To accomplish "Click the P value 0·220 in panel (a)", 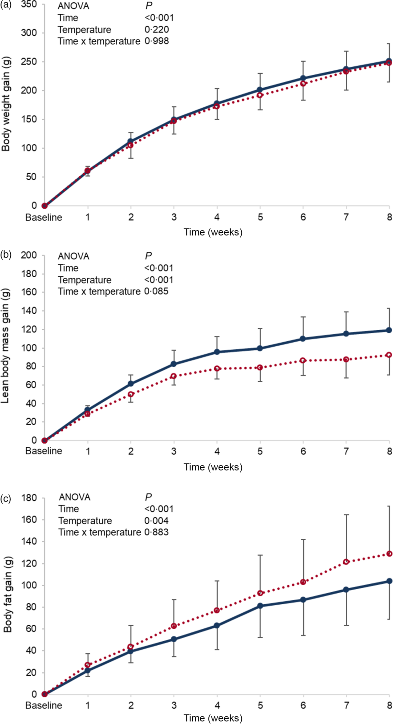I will (157, 30).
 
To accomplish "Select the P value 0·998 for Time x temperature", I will (157, 41).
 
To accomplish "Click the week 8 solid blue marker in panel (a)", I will (389, 61).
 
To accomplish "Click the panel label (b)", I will (7, 255).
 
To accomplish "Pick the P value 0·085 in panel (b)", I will (157, 291).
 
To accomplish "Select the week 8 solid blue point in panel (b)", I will (389, 330).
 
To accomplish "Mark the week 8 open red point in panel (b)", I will (389, 355).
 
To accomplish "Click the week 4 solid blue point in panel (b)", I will (217, 352).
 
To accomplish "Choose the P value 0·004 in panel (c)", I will (157, 521).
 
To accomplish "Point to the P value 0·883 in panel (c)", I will (157, 532).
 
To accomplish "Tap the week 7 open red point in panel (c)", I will (346, 562).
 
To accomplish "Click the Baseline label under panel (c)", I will (44, 706).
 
